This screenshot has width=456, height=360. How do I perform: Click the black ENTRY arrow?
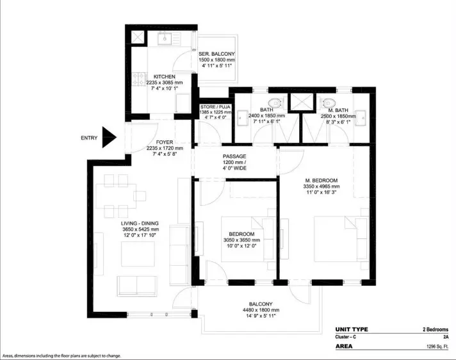tap(109, 137)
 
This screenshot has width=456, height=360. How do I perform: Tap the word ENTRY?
tap(89, 138)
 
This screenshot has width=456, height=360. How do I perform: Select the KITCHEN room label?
tap(165, 77)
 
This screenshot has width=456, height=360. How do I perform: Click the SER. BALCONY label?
tap(216, 54)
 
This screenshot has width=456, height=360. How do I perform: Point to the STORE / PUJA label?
tap(215, 107)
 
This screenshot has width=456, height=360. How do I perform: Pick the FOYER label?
tap(165, 142)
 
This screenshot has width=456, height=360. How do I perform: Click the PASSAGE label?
tap(234, 156)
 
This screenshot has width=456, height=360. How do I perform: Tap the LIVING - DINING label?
tap(140, 224)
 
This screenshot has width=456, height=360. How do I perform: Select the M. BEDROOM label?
tap(322, 180)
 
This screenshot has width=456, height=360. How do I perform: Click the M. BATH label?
tap(338, 110)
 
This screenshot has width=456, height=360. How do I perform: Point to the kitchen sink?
tap(165, 38)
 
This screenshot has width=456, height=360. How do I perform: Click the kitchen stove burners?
tap(139, 79)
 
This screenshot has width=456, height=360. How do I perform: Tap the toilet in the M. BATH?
tap(329, 102)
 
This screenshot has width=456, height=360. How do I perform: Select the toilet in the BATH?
tap(275, 102)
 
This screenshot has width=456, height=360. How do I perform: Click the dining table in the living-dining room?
tap(116, 196)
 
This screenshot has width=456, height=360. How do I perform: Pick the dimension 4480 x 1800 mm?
tap(261, 310)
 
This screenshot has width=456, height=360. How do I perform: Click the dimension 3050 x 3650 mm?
tap(241, 240)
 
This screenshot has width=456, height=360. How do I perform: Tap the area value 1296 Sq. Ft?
tap(437, 347)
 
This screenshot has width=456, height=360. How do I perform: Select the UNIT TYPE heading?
tap(352, 329)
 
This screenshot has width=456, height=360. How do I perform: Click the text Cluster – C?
tap(345, 337)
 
